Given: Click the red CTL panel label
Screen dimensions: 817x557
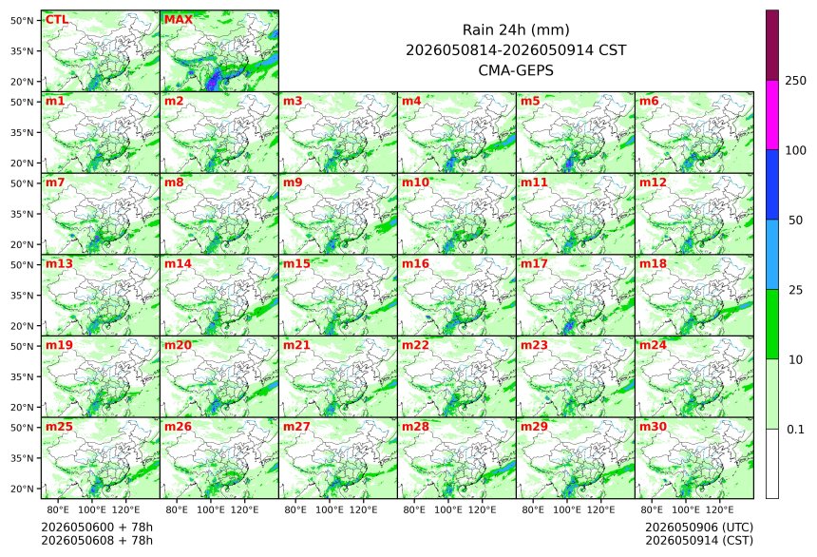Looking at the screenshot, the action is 57,20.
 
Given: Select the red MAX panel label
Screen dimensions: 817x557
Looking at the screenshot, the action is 179,20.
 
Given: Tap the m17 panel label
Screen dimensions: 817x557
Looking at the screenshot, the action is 534,264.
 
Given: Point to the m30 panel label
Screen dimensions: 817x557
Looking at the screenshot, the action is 653,427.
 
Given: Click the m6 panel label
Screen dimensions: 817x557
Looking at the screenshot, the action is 649,101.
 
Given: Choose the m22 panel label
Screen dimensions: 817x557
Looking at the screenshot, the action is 415,345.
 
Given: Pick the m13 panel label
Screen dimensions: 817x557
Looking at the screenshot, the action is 59,264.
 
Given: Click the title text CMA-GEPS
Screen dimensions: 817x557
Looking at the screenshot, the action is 516,70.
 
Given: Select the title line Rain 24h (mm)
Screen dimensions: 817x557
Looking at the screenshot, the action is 516,29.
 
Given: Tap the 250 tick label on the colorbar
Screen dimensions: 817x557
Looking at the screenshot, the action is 796,81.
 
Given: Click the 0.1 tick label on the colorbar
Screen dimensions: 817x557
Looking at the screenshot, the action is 795,430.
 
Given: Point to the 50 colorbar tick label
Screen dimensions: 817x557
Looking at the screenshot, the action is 795,221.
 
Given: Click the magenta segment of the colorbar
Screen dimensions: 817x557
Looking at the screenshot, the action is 772,115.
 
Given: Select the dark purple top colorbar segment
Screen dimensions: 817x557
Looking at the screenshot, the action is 772,46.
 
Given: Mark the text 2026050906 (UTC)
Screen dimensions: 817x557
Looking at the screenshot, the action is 699,528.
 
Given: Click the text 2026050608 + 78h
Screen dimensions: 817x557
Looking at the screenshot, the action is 97,540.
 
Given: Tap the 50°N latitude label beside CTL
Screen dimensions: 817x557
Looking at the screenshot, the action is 22,20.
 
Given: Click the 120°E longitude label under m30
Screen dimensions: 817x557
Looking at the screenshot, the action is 719,509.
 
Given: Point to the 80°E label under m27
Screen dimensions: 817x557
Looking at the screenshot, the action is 294,509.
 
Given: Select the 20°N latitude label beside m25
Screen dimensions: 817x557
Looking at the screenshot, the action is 22,489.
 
